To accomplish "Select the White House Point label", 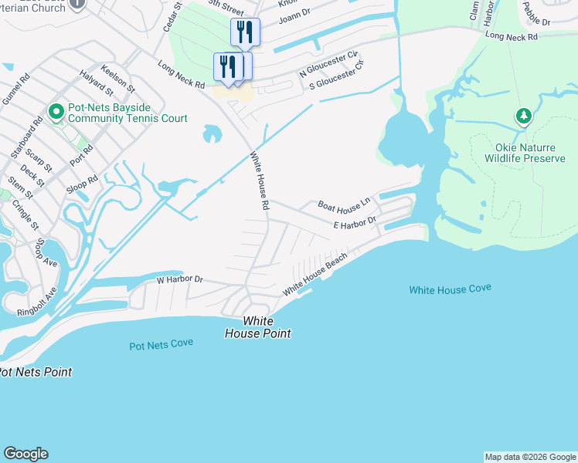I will tap(257, 327).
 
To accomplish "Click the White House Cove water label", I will tap(450, 289).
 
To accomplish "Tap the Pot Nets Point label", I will tap(36, 372).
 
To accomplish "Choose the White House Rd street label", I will tap(259, 181).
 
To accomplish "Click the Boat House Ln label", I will tap(345, 204).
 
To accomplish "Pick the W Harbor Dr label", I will tap(178, 279).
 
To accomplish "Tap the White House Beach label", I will tap(314, 275).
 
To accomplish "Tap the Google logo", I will tap(25, 454).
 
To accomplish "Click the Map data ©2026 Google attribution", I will tap(530, 457).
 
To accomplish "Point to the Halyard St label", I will tap(97, 83).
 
